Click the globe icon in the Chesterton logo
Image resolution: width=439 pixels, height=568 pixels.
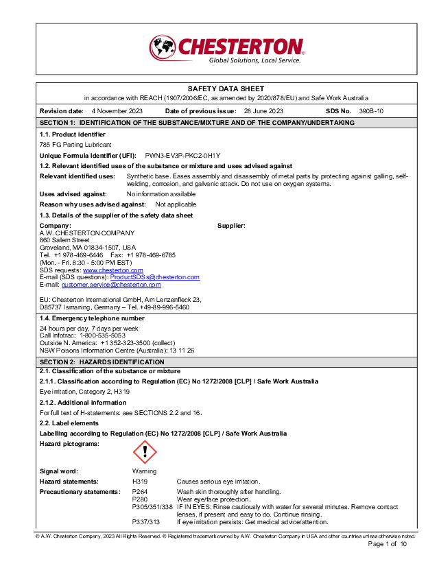[163, 48]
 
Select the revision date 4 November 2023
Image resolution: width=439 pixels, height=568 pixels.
[117, 110]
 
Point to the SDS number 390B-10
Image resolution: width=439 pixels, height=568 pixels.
[371, 110]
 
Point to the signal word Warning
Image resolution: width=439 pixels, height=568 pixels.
[144, 471]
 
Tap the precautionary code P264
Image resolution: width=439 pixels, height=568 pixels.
[139, 492]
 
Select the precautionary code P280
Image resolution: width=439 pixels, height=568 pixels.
[139, 499]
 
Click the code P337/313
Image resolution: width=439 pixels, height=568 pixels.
[145, 522]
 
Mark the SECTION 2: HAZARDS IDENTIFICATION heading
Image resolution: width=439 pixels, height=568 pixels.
[102, 362]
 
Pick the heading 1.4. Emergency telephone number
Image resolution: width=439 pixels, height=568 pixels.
[92, 318]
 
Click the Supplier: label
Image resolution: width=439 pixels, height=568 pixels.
[231, 226]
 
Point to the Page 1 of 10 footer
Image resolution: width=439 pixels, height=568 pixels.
[388, 544]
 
